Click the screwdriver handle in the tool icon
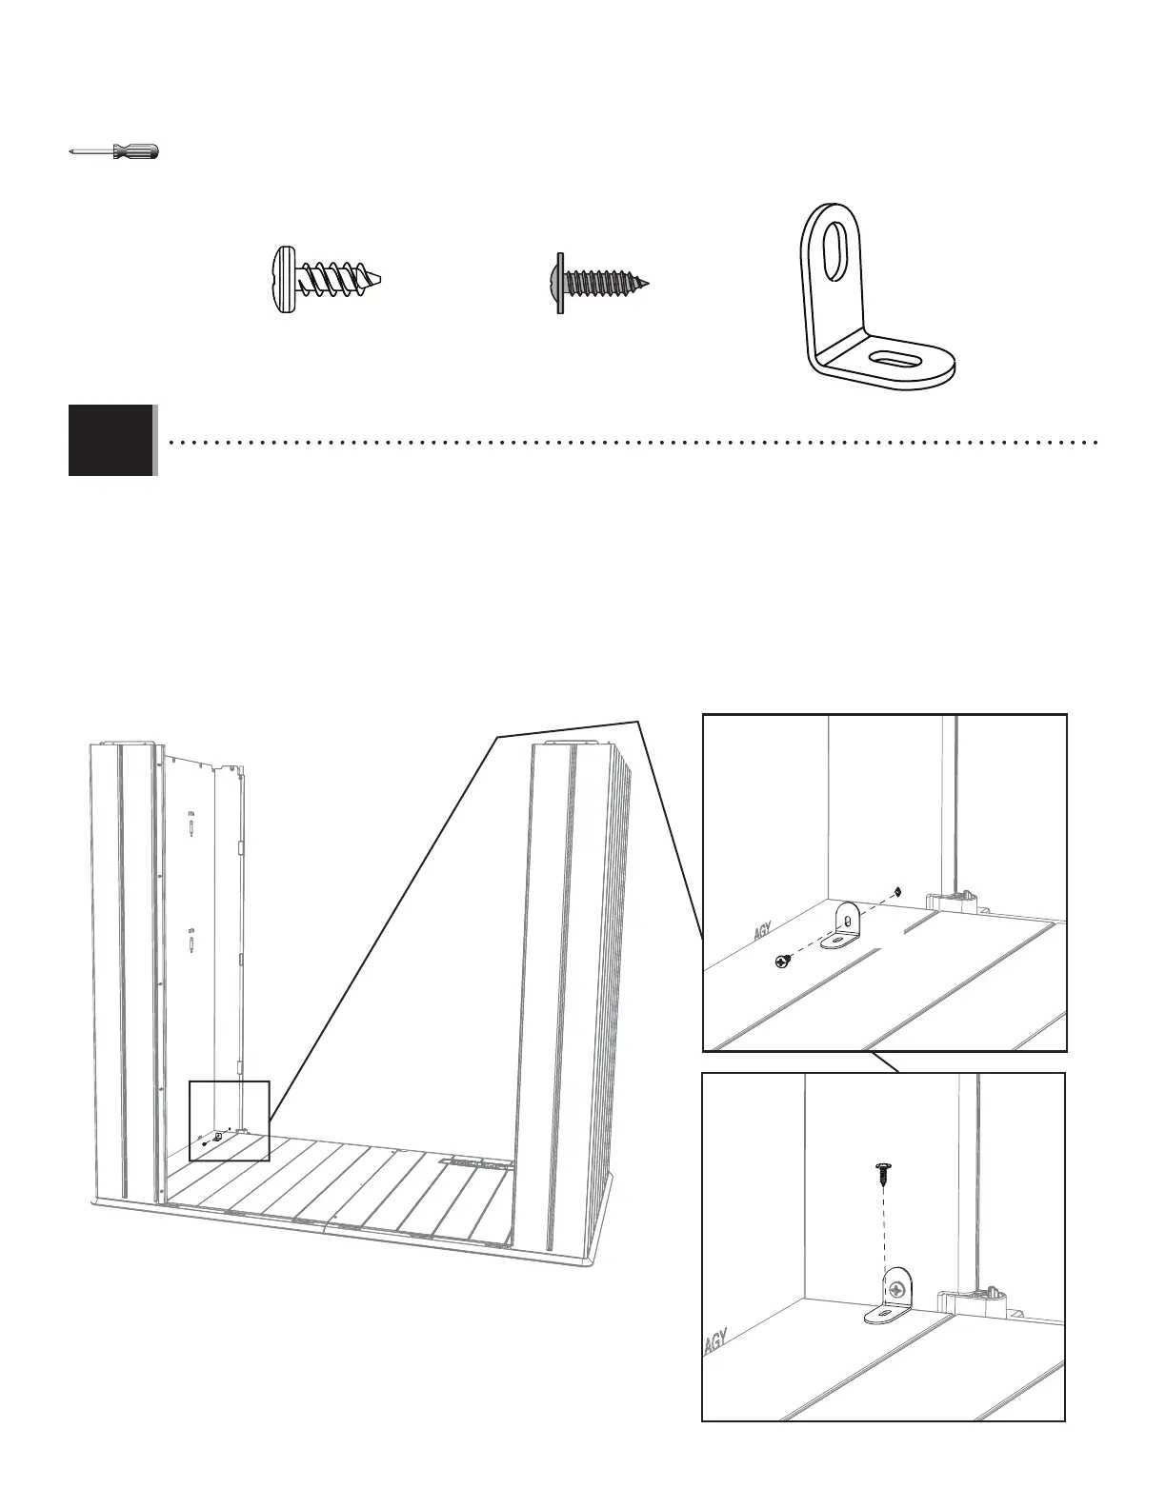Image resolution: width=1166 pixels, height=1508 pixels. pyautogui.click(x=135, y=151)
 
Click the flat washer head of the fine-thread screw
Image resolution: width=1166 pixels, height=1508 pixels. pyautogui.click(x=560, y=283)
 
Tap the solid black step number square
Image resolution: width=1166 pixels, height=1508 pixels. pyautogui.click(x=111, y=440)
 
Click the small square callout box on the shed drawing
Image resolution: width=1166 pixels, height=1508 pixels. pyautogui.click(x=230, y=1121)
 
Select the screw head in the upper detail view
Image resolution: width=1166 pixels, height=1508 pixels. pyautogui.click(x=783, y=962)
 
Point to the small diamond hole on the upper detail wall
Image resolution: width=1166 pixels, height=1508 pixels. pyautogui.click(x=899, y=892)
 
